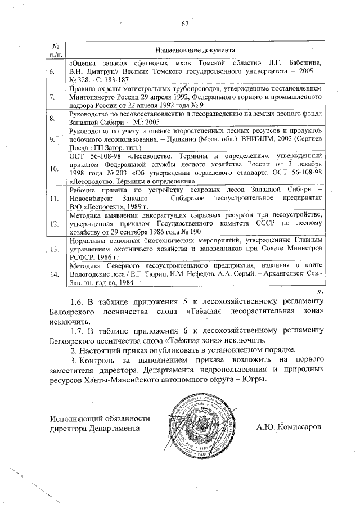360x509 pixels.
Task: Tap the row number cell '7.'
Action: [x=52, y=97]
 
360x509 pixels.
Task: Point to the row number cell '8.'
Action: [x=52, y=118]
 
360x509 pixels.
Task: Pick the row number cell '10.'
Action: [x=54, y=168]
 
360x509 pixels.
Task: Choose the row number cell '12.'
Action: [x=54, y=223]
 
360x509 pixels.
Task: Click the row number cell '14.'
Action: [x=54, y=274]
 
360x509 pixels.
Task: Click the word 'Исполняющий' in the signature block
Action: [x=75, y=418]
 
